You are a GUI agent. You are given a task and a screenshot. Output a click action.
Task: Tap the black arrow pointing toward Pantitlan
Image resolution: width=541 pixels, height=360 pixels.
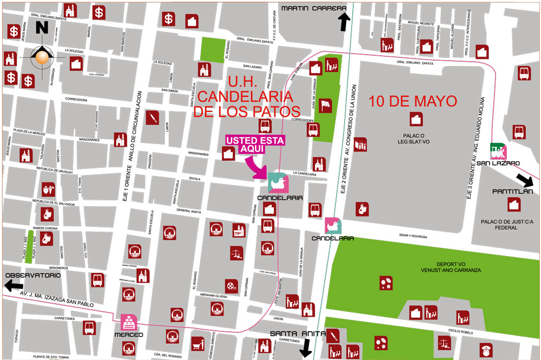(x=524, y=181)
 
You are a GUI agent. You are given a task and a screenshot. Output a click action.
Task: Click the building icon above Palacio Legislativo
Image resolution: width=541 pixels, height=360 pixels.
(x=415, y=119)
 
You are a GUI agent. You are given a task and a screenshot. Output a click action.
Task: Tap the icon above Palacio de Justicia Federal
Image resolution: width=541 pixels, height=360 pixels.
(x=514, y=205)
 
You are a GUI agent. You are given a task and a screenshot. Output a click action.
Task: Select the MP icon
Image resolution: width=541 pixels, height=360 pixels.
(x=237, y=230)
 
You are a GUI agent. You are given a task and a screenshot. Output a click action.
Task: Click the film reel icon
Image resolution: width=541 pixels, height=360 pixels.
(x=232, y=285)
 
